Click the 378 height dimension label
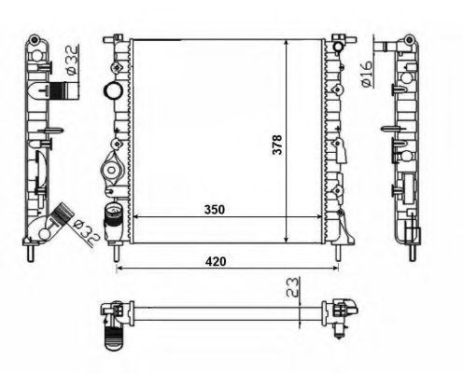coord(277,145)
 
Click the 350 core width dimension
coord(215,210)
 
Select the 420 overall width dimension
coord(216,262)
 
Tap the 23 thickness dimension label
coord(293,287)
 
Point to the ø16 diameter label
coord(366,74)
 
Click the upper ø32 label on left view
coord(72,60)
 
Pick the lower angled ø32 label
coord(86,231)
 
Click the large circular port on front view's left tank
coord(113,90)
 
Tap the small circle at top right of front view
coord(338,48)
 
